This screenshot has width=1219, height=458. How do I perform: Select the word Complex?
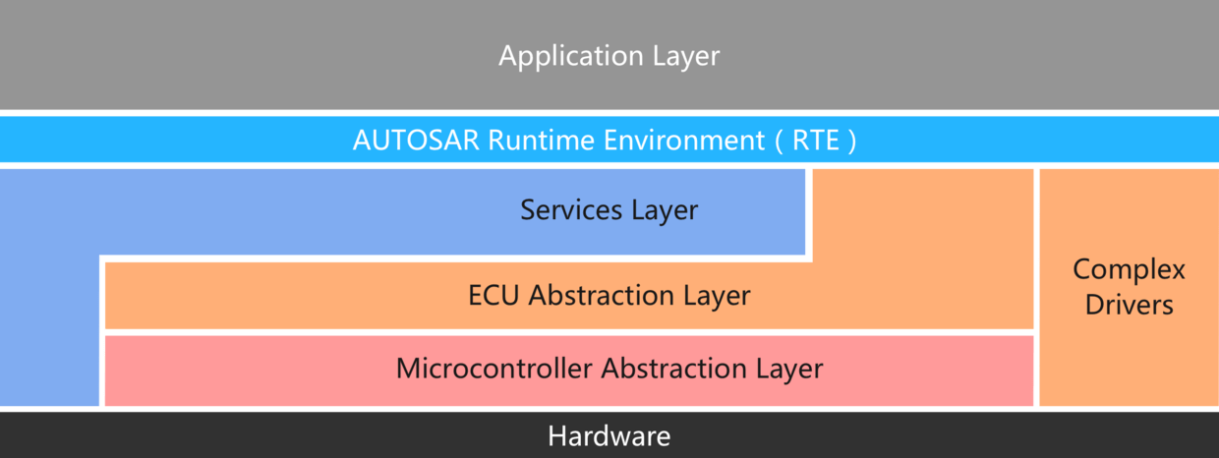[x=1129, y=270]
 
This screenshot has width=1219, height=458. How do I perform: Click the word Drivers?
[x=1129, y=305]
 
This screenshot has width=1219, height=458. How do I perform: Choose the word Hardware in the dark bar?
[x=609, y=436]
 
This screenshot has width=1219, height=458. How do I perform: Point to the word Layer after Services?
[x=665, y=210]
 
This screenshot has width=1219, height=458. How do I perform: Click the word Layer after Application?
[x=686, y=56]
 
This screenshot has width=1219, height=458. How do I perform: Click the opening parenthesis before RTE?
[x=777, y=141]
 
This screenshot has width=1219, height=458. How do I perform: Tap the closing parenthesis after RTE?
[x=852, y=141]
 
